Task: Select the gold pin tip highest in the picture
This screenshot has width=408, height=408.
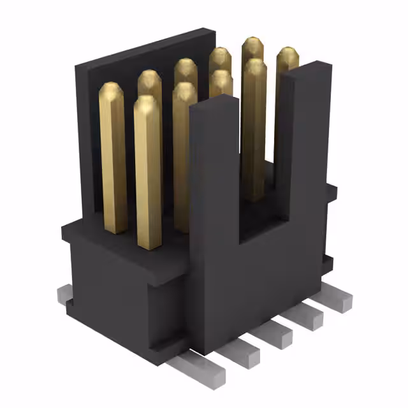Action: click(252, 46)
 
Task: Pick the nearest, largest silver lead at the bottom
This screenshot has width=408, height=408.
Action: click(198, 370)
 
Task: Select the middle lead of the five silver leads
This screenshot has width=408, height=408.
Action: click(275, 331)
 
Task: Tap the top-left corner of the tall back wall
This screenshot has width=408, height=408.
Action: click(78, 64)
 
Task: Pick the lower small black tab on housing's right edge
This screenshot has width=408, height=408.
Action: click(328, 262)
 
